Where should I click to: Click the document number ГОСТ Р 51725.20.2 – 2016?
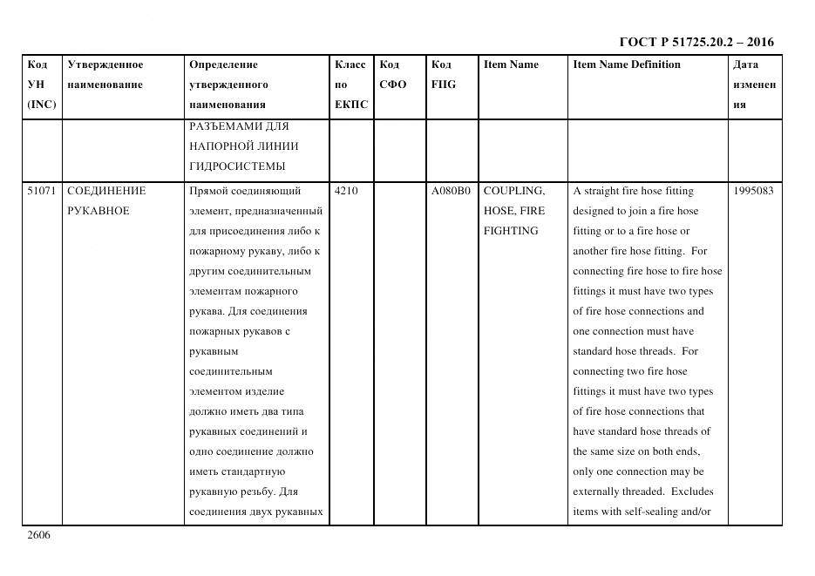click(696, 42)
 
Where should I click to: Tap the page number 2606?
click(38, 535)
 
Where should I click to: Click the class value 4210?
click(346, 191)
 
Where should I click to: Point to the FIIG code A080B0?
click(451, 191)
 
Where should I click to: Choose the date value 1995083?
click(754, 191)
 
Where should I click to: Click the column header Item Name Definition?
click(626, 64)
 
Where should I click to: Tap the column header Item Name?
click(511, 64)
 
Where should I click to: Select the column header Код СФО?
click(393, 75)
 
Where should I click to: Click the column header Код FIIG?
click(443, 75)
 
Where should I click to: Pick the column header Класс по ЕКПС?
click(350, 85)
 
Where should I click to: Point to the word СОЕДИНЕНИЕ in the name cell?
click(106, 191)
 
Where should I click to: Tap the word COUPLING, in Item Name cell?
click(514, 191)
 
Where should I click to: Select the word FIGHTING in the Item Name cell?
click(511, 231)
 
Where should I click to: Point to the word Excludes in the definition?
click(692, 491)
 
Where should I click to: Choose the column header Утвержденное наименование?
click(105, 75)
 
